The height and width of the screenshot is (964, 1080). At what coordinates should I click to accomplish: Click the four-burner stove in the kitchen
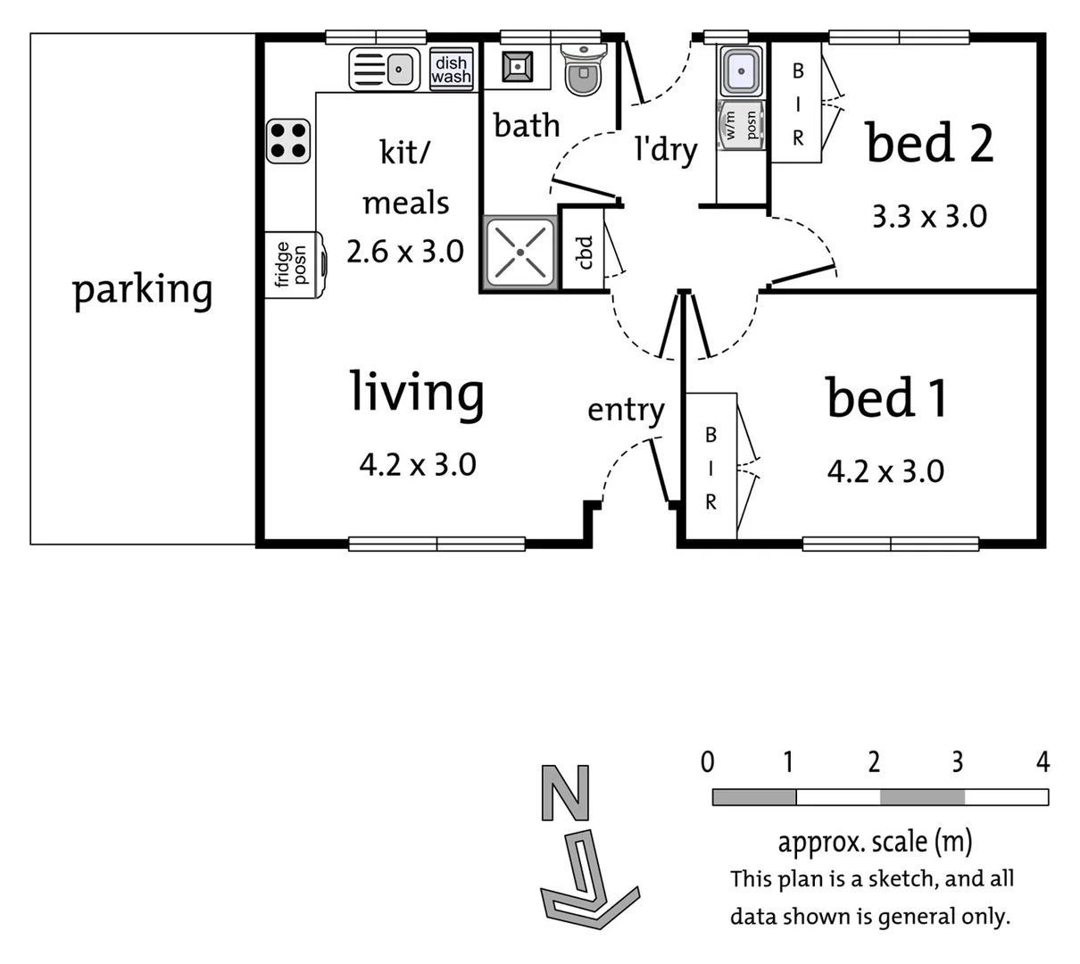288,141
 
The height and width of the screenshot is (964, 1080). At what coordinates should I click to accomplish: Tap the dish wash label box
451,70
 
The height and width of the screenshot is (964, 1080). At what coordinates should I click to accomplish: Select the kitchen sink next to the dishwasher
385,69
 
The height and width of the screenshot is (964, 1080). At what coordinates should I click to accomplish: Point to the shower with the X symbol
519,252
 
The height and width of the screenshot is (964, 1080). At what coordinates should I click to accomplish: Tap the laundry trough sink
741,71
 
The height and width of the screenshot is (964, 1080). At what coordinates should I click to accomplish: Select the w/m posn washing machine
740,126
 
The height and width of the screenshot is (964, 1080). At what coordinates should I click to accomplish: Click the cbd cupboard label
585,252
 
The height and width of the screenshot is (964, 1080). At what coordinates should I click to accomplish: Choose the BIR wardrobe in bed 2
797,104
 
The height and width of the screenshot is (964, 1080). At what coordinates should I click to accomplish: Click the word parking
142,290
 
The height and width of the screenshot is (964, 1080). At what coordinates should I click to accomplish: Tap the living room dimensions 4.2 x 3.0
417,464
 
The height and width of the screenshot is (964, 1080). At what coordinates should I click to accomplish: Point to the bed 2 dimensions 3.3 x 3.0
928,216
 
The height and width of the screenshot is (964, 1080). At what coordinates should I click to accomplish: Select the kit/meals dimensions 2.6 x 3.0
404,252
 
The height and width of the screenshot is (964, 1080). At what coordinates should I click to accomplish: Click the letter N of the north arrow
566,792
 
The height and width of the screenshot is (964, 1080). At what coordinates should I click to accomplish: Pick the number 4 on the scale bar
1042,762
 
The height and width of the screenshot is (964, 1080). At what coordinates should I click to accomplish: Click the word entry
626,411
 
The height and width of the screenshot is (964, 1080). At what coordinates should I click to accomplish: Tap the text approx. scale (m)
874,841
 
